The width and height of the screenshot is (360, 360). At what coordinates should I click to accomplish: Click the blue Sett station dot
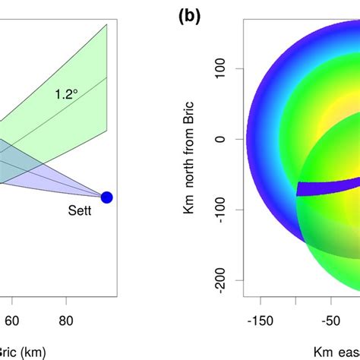[x=106, y=197]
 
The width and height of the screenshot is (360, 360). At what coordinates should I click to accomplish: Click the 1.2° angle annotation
[x=67, y=95]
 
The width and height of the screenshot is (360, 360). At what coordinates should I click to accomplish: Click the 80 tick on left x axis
[x=67, y=321]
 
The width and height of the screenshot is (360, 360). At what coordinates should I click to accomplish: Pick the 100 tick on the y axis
[x=226, y=68]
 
